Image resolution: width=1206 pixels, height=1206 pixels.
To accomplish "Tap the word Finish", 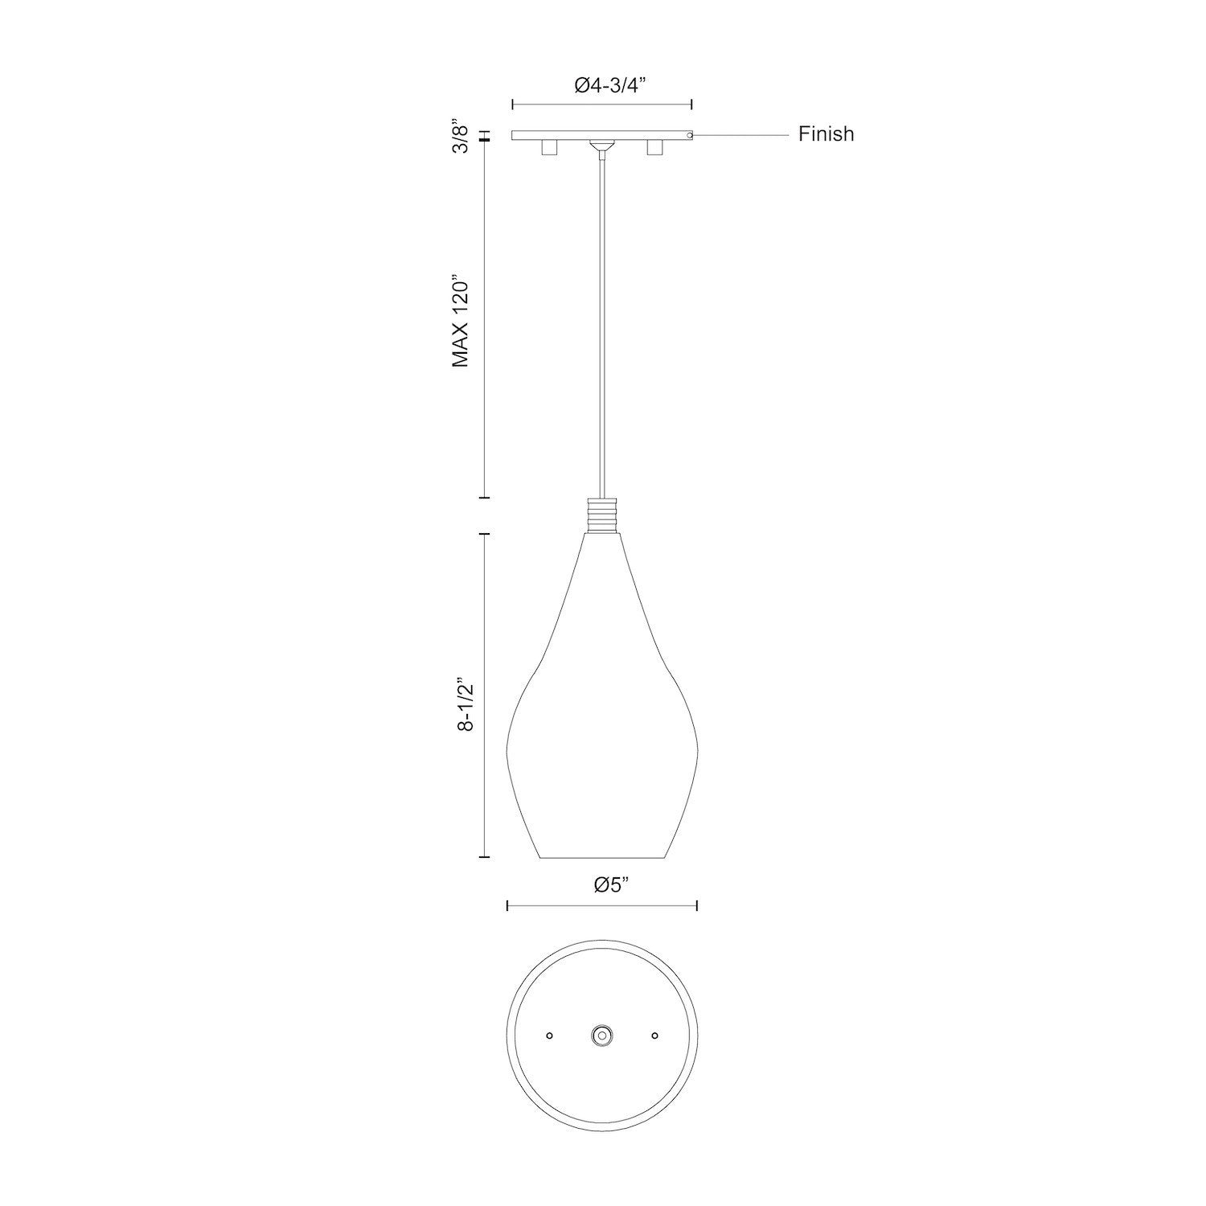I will (826, 134).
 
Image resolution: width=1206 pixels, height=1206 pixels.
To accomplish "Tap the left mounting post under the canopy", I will (549, 147).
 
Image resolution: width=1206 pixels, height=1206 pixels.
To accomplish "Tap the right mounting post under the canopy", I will (654, 147).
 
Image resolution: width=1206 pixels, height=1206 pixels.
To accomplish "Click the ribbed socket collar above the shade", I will (602, 515).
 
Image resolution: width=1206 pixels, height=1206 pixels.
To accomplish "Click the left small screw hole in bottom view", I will (549, 1036).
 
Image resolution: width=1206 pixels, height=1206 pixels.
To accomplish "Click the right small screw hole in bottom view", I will (654, 1036).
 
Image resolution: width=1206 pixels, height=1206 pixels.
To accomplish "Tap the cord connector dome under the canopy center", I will (601, 146).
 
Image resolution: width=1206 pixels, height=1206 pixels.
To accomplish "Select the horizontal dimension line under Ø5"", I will (601, 906).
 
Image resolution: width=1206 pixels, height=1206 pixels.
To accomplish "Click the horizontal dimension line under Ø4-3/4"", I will (602, 105).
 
